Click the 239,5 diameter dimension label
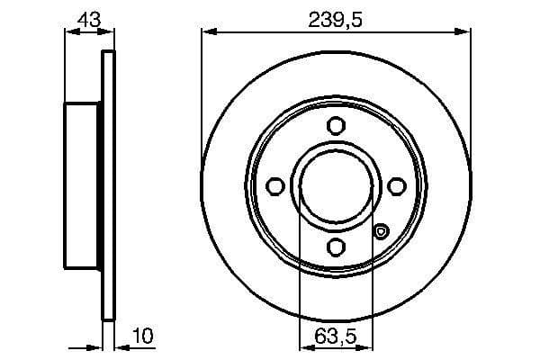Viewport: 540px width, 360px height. [336, 19]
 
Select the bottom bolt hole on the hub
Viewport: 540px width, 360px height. [336, 246]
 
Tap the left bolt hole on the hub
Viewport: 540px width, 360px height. [276, 185]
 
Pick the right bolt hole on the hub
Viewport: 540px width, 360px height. [396, 185]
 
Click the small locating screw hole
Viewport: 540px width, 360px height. [381, 232]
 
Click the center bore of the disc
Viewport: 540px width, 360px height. [336, 185]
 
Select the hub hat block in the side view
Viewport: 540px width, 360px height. [84, 185]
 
